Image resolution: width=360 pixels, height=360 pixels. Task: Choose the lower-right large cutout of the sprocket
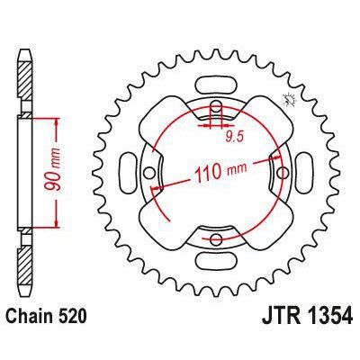pyautogui.click(x=262, y=220)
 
